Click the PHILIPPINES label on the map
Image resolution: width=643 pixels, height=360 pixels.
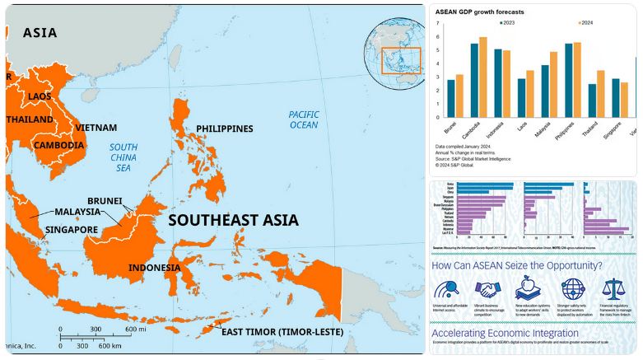[x=224, y=129]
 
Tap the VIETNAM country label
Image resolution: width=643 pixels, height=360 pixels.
[x=96, y=128]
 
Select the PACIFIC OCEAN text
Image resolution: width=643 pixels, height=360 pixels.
[x=303, y=119]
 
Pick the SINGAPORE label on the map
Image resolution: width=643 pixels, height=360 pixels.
[x=72, y=230]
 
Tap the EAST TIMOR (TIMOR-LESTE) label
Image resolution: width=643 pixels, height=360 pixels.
[x=281, y=333]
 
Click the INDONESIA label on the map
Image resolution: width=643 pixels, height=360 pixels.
[x=154, y=268]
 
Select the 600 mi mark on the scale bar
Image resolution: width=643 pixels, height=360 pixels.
[x=135, y=330]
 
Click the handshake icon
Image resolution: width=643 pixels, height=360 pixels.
[x=487, y=289]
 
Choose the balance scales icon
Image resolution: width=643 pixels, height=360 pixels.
[x=613, y=289]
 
